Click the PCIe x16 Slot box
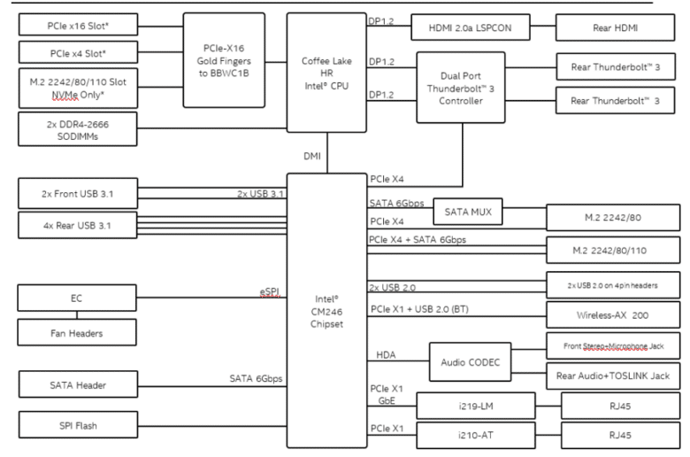tap(79, 25)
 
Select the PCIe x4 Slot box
tap(79, 52)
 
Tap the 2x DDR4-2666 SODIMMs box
tap(78, 129)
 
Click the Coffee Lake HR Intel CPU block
tap(326, 73)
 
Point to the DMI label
tap(312, 156)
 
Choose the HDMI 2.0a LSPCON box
tap(471, 27)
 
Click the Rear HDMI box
tap(615, 27)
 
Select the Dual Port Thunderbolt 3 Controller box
tap(461, 88)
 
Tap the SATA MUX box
tap(468, 212)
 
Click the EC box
tap(77, 298)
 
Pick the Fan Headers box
tap(77, 332)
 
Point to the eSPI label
tap(269, 292)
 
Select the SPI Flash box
tap(79, 425)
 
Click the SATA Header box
tap(79, 384)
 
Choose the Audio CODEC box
tap(471, 362)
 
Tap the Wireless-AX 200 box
tap(613, 314)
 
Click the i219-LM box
tap(476, 406)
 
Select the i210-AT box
tap(476, 436)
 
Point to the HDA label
tap(386, 355)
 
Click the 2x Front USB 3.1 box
tap(78, 193)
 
